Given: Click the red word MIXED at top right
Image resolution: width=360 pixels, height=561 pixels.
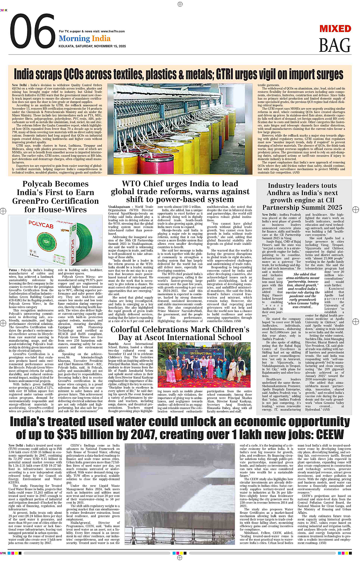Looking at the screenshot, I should pos(335,29).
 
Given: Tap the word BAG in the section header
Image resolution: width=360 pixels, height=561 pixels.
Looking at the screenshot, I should pos(334,46).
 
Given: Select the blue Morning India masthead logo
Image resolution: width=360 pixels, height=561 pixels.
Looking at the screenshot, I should pos(85,38).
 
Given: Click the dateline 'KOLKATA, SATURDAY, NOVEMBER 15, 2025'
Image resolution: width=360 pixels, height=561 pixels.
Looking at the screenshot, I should pos(92,46).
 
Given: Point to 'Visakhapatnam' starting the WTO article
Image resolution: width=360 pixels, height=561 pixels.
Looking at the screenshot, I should pos(119,207).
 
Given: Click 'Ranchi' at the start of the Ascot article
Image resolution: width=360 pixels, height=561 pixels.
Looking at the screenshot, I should pos(113,344).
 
